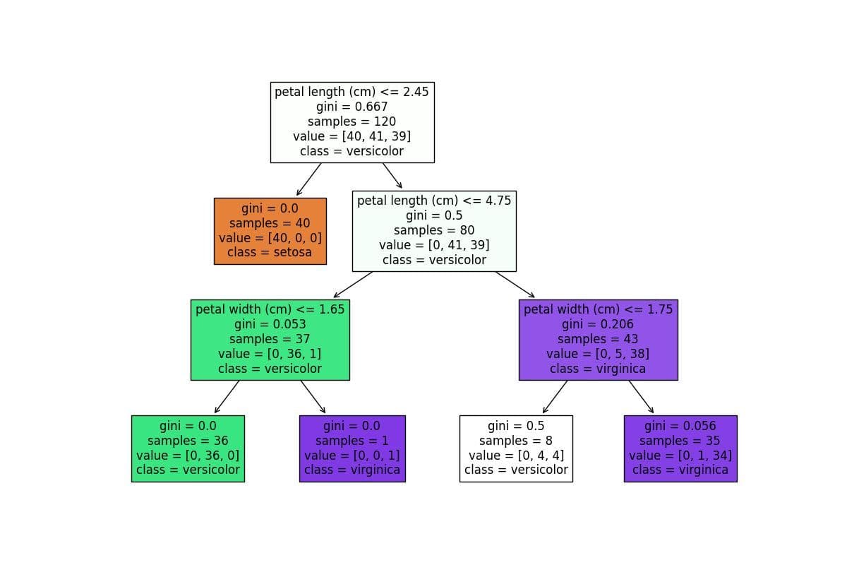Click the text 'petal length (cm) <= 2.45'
coord(352,92)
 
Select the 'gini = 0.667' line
coord(352,107)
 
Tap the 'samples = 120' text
coord(352,121)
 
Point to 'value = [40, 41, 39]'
coord(352,136)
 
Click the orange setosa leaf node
coord(270,231)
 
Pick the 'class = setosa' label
coord(270,252)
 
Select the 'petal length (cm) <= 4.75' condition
coord(434,201)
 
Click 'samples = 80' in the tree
coord(434,230)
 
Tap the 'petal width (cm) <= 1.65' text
coord(270,309)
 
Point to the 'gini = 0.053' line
coord(270,324)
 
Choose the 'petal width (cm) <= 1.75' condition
coord(599,309)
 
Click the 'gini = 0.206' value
coord(597,324)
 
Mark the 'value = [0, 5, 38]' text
coord(598,354)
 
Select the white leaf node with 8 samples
coord(516,448)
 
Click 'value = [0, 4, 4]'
coord(516,456)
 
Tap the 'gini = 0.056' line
coord(680,426)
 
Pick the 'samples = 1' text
coord(352,441)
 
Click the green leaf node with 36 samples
coord(188,448)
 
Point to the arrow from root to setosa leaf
coord(309,179)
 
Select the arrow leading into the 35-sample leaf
coord(642,397)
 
